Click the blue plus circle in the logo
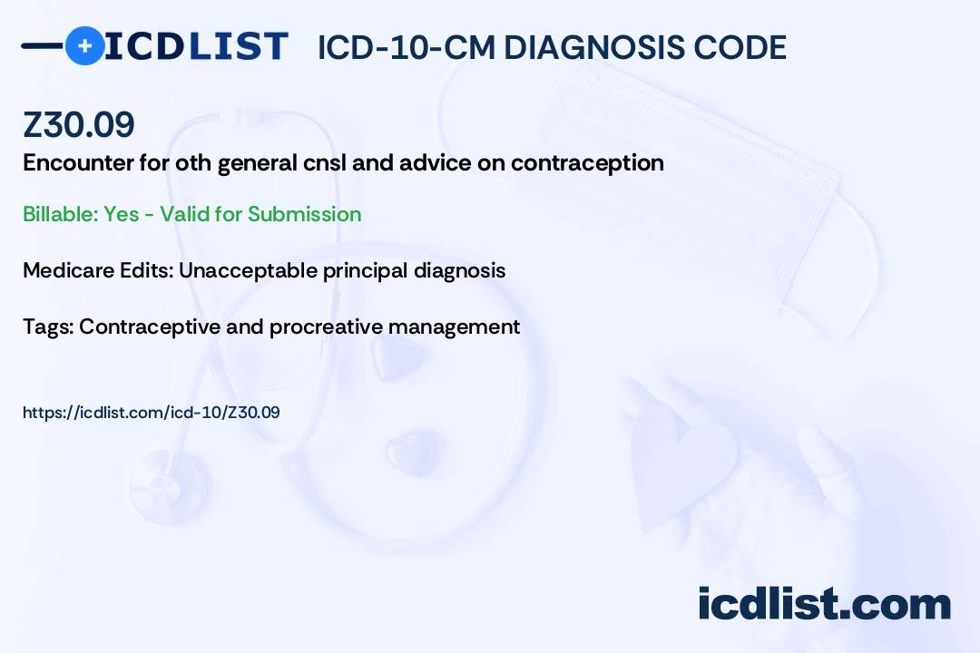coord(85,46)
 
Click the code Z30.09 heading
coord(79,124)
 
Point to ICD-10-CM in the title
coord(407,47)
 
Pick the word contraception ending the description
coord(587,163)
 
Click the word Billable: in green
coord(60,214)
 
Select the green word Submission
coord(304,214)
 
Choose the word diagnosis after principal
coord(459,270)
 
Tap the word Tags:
coord(48,326)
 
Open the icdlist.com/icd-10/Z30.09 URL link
coord(152,413)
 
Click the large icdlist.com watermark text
coord(824,604)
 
